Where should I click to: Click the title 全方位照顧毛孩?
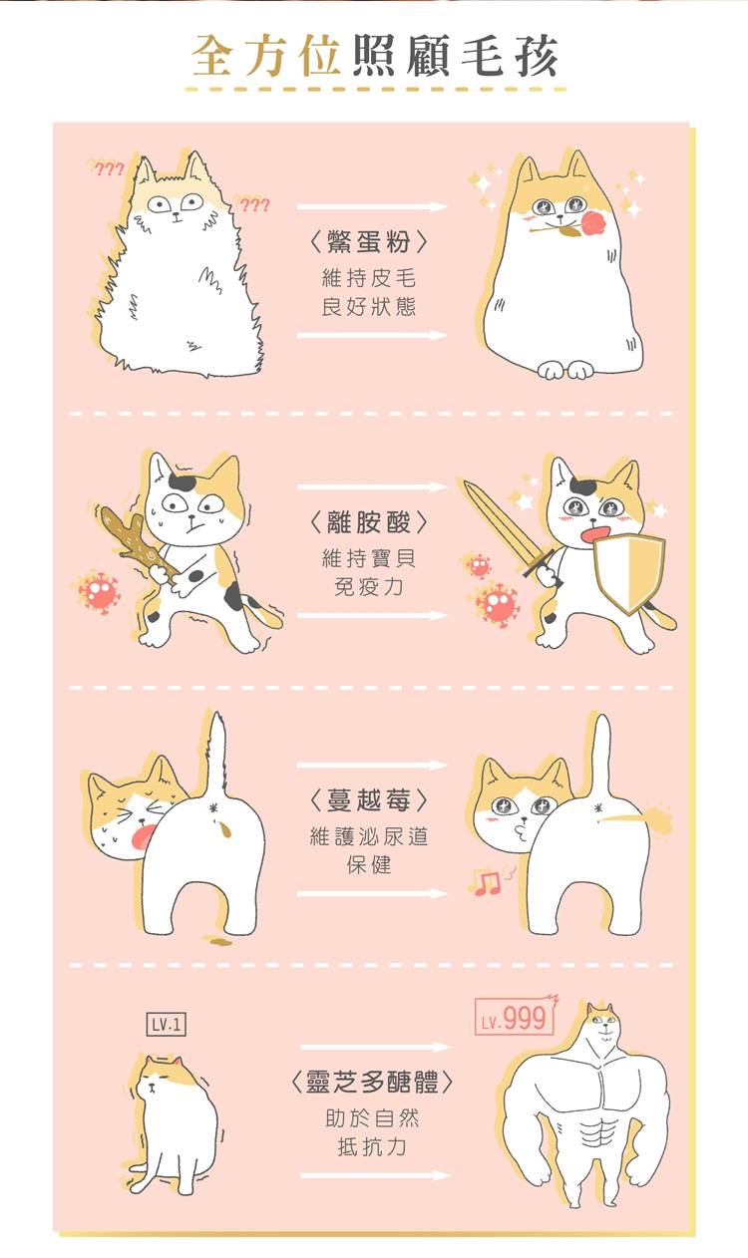[x=374, y=56]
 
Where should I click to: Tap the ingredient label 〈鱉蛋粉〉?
[x=369, y=242]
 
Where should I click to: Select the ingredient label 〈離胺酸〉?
[x=369, y=523]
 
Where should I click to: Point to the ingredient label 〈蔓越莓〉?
[x=369, y=800]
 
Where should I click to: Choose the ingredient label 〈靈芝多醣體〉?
[x=372, y=1083]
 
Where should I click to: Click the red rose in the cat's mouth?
[x=590, y=223]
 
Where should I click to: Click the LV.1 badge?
[x=166, y=1025]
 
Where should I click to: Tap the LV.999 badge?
[x=516, y=1017]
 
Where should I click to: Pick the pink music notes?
[x=485, y=883]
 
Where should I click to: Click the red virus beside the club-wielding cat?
[x=99, y=591]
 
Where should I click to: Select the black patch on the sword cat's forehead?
[x=582, y=486]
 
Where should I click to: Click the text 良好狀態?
[x=369, y=307]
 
